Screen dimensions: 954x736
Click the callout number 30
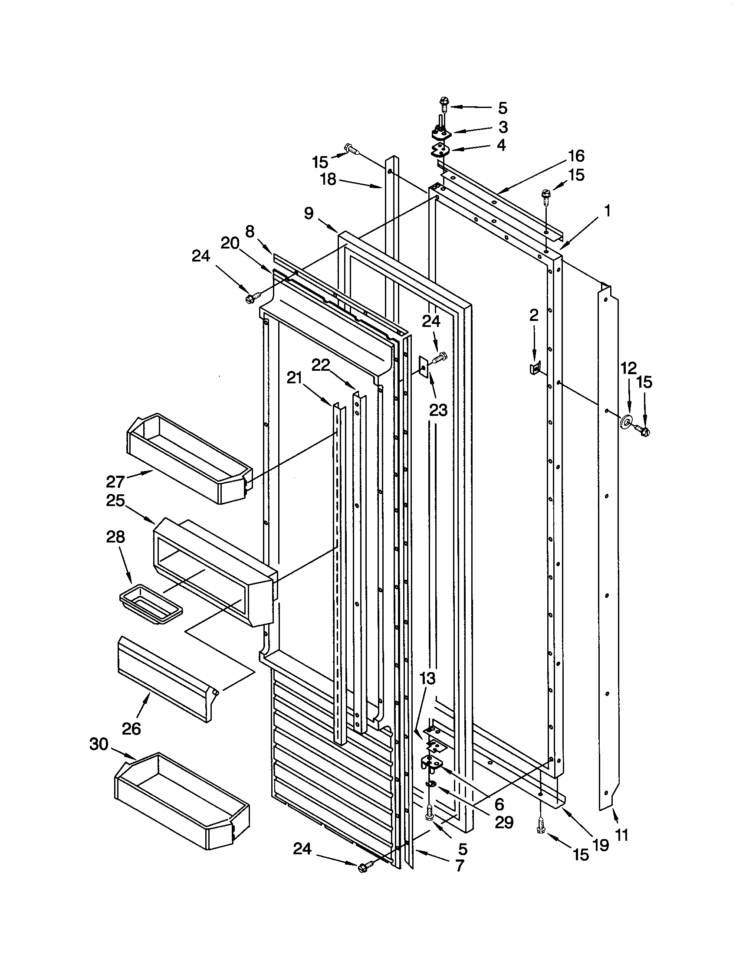99,743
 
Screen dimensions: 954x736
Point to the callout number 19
601,845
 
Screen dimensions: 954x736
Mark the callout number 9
309,214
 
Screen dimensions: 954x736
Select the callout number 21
294,378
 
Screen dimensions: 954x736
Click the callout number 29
503,822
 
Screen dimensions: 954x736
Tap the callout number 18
328,179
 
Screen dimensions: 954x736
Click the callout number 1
607,212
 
